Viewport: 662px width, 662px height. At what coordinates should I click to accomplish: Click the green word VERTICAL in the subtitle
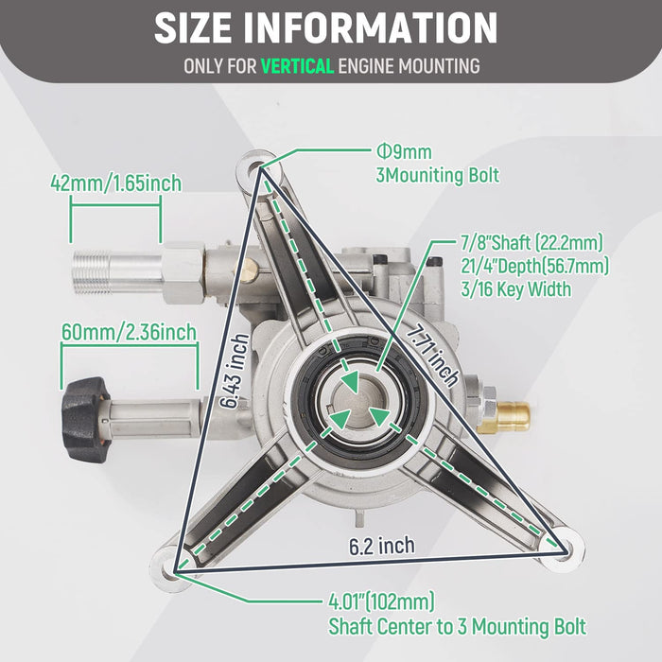[x=297, y=66]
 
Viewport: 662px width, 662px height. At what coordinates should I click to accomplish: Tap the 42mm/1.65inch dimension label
[x=116, y=183]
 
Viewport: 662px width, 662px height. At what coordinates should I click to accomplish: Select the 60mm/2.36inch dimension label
[x=129, y=331]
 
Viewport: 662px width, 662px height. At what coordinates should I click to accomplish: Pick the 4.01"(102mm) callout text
[x=380, y=601]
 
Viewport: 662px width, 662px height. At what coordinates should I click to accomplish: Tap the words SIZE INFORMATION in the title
[x=326, y=28]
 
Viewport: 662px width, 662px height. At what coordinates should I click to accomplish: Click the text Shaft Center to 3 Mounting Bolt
[x=457, y=626]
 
